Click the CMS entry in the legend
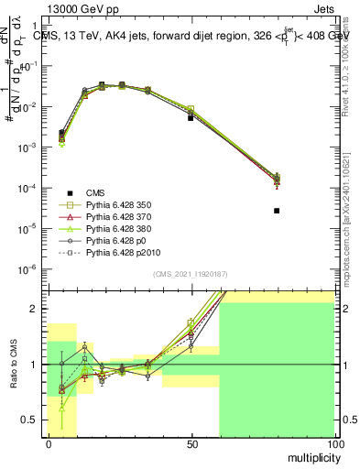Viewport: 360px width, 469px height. (95, 193)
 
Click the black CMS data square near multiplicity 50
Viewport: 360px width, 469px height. (191, 118)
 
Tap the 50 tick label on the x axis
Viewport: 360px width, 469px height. (191, 443)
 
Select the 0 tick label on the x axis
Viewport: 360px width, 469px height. (49, 443)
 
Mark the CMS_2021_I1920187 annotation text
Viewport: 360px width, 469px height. (191, 274)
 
